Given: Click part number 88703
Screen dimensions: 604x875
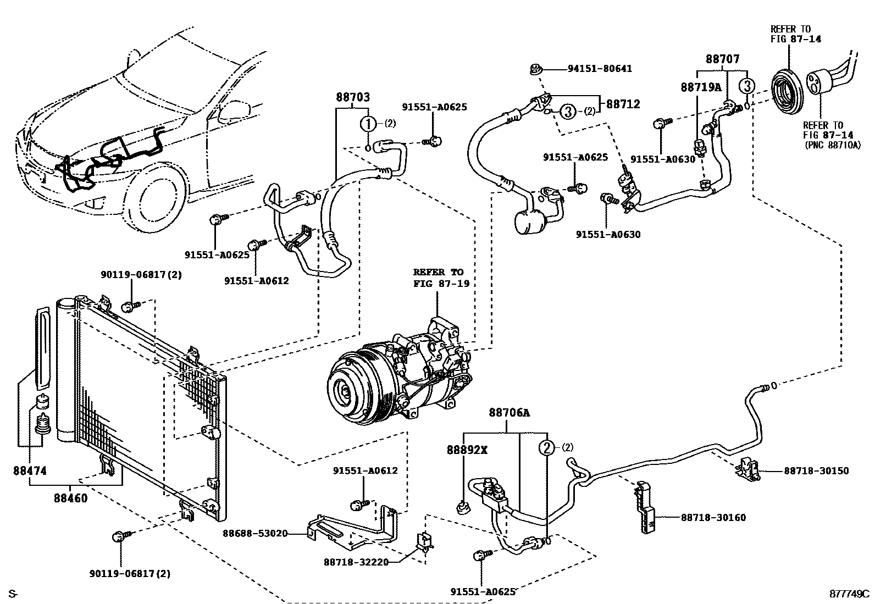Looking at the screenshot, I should point(353,98).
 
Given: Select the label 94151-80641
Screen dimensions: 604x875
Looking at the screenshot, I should point(599,69).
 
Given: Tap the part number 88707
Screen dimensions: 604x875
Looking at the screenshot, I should point(723,59).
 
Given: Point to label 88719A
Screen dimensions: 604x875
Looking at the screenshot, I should point(700,87).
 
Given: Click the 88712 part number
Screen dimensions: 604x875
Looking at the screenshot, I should point(623,104).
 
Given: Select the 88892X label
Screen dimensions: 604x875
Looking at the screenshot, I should point(467,450).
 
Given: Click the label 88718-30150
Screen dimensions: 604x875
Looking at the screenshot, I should point(816,471).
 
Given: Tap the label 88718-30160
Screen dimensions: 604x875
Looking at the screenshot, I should point(713,518).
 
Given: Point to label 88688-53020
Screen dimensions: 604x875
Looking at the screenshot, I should point(255,533).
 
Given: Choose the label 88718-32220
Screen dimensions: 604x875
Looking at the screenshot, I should point(356,562).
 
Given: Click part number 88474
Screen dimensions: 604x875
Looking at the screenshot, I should point(30,471).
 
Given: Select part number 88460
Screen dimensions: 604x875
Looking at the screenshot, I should point(71,499).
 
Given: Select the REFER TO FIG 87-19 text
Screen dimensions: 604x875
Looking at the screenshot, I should point(438,278).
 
